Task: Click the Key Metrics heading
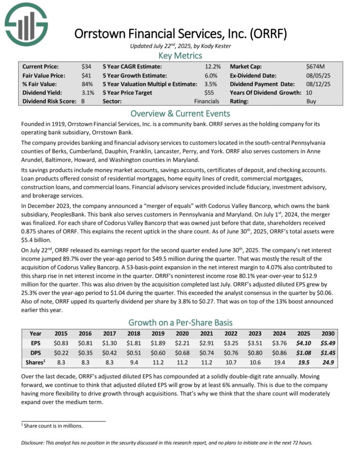[x=180, y=56]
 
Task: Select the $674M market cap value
[x=315, y=66]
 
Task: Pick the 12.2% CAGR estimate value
[x=212, y=66]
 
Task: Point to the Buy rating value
[x=312, y=101]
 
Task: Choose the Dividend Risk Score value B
[x=83, y=101]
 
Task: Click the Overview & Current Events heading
[x=180, y=114]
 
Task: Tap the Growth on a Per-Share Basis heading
[x=180, y=322]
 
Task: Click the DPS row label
[x=35, y=351]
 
